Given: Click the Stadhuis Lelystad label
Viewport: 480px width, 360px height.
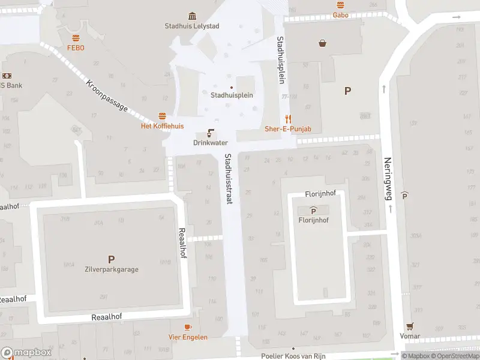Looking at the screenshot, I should coord(191,26).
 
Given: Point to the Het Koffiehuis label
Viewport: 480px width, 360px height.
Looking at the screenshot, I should coord(162,126).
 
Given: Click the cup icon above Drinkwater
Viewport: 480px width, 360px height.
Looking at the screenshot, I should coord(211,133).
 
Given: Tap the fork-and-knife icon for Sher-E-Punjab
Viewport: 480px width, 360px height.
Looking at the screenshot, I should coord(288,119).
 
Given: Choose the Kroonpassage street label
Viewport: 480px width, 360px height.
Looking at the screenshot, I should coord(107,95).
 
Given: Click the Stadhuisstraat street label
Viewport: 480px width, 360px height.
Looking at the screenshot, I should coord(228,179).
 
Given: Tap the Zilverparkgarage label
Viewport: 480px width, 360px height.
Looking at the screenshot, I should coord(111,269).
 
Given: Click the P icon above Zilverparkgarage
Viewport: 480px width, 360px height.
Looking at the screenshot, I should coord(111,259).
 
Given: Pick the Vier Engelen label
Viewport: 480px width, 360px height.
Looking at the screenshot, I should coord(188,337).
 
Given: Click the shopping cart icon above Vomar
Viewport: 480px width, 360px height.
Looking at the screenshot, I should coord(410,326).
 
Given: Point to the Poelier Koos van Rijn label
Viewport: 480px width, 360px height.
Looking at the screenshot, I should coord(293,356).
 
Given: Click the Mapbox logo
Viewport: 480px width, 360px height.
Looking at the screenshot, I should coord(26,352).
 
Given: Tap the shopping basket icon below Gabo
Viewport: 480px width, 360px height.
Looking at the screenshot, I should coord(323,43).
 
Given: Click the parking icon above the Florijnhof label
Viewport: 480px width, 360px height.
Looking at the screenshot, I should coord(313,210).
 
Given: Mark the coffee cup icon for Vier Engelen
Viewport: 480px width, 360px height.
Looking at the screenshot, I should coord(188,327).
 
